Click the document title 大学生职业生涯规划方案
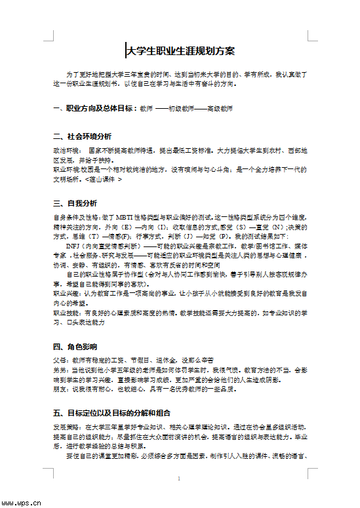[180, 50]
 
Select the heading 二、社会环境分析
[82, 137]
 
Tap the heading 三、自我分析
[75, 203]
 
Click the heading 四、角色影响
[75, 347]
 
